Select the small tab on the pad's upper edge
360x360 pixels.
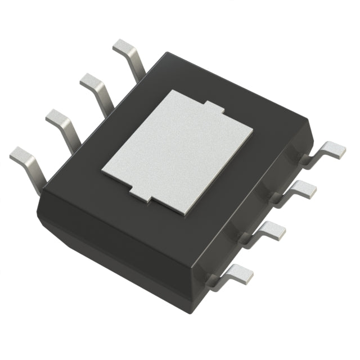(x=211, y=107)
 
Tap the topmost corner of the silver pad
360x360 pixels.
(x=169, y=90)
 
